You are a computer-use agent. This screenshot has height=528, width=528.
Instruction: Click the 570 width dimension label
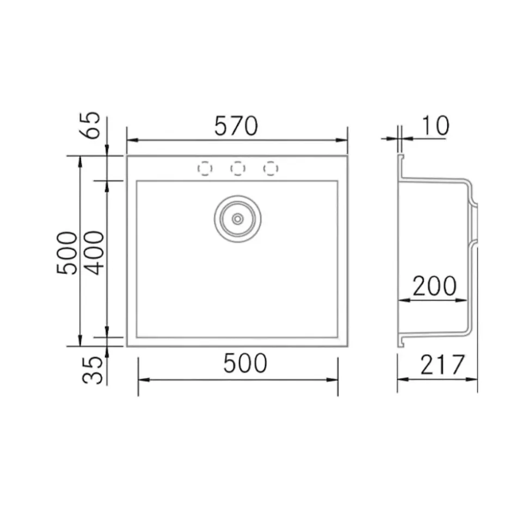pyautogui.click(x=235, y=126)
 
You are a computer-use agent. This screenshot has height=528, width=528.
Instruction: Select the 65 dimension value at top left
pyautogui.click(x=93, y=125)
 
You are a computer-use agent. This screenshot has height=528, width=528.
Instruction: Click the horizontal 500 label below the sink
pyautogui.click(x=245, y=364)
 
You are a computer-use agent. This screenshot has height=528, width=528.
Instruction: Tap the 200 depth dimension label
pyautogui.click(x=434, y=287)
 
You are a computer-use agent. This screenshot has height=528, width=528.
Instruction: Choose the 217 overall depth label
pyautogui.click(x=443, y=365)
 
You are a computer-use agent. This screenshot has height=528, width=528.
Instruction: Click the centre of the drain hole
pyautogui.click(x=237, y=219)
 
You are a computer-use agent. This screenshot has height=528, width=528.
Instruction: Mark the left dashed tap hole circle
pyautogui.click(x=204, y=169)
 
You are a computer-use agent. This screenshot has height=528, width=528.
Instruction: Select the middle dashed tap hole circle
pyautogui.click(x=237, y=169)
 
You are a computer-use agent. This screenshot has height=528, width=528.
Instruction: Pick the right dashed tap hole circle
pyautogui.click(x=271, y=169)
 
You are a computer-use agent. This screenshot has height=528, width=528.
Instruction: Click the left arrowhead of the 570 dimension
pyautogui.click(x=131, y=140)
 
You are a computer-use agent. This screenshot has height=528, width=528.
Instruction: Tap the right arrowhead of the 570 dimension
pyautogui.click(x=343, y=140)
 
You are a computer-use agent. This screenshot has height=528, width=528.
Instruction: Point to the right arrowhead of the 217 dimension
pyautogui.click(x=474, y=379)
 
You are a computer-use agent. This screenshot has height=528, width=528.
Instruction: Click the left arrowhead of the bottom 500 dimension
pyautogui.click(x=142, y=379)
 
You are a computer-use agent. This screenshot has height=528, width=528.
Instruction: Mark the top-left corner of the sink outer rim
pyautogui.click(x=127, y=156)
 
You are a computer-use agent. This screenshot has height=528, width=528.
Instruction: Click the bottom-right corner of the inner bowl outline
pyautogui.click(x=337, y=337)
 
